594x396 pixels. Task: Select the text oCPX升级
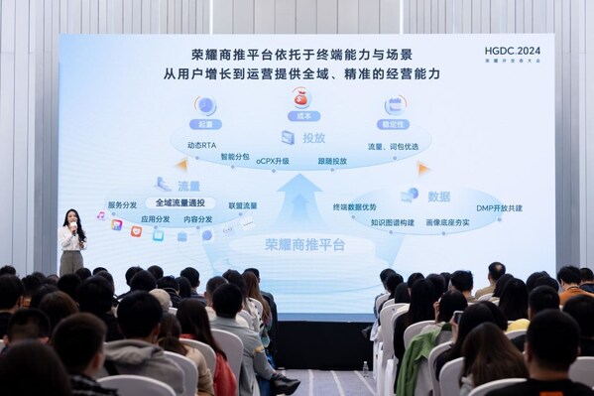pyautogui.click(x=273, y=161)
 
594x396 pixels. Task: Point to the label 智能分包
pyautogui.click(x=235, y=156)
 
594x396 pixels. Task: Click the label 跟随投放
pyautogui.click(x=332, y=161)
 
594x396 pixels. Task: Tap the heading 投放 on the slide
pyautogui.click(x=313, y=138)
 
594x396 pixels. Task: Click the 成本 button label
pyautogui.click(x=299, y=116)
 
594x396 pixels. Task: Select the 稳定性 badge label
pyautogui.click(x=395, y=125)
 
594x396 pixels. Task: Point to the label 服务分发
pyautogui.click(x=122, y=205)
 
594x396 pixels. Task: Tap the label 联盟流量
pyautogui.click(x=242, y=206)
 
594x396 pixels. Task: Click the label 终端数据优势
pyautogui.click(x=354, y=207)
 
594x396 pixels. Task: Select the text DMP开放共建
pyautogui.click(x=498, y=208)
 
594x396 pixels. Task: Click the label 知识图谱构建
pyautogui.click(x=393, y=223)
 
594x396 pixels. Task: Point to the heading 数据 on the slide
pyautogui.click(x=438, y=197)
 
